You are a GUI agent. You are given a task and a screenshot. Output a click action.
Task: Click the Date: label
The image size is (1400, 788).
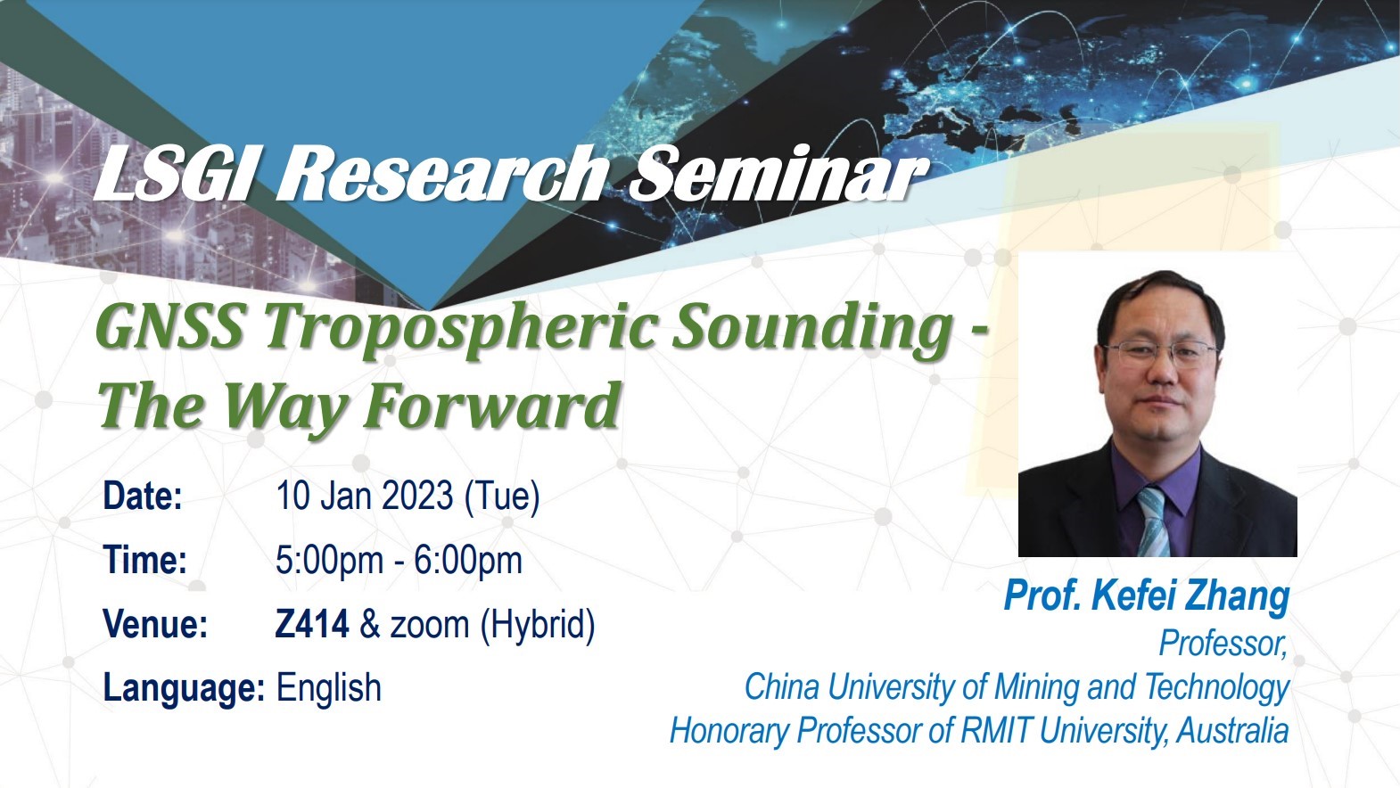click(143, 497)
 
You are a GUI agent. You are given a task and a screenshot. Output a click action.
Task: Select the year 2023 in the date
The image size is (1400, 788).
click(417, 497)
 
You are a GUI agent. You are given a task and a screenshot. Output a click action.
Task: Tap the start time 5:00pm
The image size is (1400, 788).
click(329, 561)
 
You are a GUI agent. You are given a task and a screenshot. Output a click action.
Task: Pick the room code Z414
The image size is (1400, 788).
click(312, 624)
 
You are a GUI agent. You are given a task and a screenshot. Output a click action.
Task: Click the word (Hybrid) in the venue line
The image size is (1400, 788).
click(538, 625)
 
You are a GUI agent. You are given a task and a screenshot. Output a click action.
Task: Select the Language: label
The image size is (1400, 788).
click(184, 688)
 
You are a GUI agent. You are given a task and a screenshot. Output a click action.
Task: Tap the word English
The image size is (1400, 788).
click(329, 689)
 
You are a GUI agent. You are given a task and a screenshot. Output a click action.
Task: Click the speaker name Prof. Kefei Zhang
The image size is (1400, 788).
click(1147, 595)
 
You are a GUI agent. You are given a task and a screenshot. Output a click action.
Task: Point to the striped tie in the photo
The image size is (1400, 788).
click(1151, 521)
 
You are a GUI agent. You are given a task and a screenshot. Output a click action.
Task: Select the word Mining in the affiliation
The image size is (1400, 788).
click(1037, 687)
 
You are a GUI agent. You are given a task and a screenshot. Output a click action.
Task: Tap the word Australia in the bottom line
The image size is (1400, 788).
click(1233, 731)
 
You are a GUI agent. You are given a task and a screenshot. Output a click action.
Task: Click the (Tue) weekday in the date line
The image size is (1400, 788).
click(503, 497)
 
